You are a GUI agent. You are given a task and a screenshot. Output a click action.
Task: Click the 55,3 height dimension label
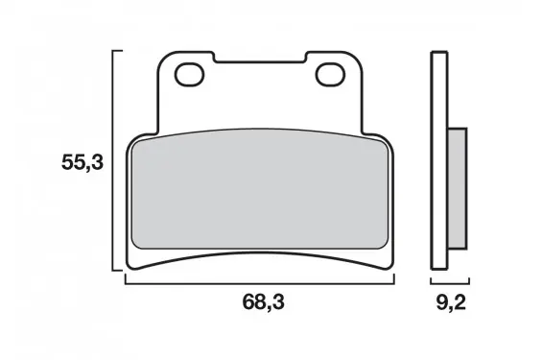[x=82, y=162]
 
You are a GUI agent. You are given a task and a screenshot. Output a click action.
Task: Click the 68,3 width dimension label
[x=264, y=301]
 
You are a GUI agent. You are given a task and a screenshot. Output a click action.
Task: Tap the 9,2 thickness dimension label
[x=451, y=303]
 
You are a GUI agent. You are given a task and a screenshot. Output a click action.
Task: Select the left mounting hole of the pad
[x=189, y=74]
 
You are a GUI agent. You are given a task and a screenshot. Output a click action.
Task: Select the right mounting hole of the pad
[x=330, y=74]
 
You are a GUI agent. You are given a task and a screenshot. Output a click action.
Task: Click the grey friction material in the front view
[x=260, y=189]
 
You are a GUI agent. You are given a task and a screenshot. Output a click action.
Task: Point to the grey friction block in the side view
[x=458, y=188]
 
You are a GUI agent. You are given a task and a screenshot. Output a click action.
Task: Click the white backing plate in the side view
[x=439, y=160]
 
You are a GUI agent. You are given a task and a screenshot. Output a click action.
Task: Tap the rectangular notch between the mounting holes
[x=260, y=58]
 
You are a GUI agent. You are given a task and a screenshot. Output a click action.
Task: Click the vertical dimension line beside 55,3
[x=112, y=160]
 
